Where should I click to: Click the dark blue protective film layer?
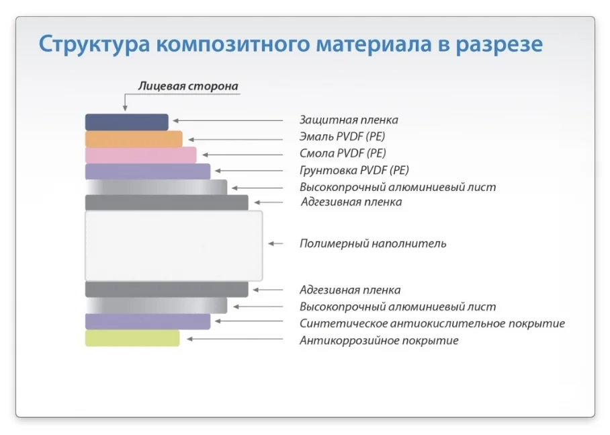click(x=126, y=122)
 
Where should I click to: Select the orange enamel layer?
click(x=134, y=139)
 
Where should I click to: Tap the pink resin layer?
click(x=140, y=155)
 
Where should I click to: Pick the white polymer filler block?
click(x=173, y=245)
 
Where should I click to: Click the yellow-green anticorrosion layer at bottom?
click(x=132, y=338)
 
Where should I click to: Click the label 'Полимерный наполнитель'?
click(x=373, y=243)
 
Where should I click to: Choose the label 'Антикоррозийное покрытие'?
click(x=379, y=341)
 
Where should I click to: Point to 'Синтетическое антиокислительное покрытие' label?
click(x=432, y=324)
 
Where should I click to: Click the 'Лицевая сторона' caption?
click(x=188, y=87)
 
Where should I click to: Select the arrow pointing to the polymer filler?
click(x=279, y=243)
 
